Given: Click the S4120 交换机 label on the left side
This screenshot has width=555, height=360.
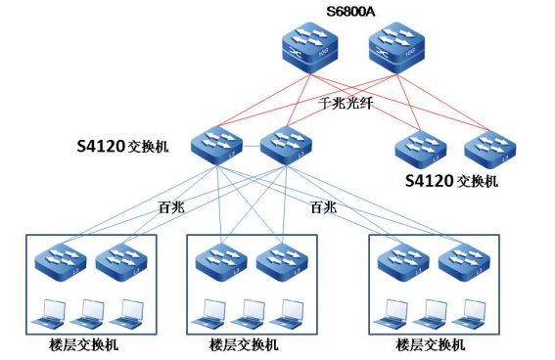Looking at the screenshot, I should (123, 147).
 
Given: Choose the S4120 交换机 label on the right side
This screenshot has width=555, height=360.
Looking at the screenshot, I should (451, 181).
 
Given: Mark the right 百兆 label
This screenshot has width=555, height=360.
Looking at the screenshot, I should (322, 207).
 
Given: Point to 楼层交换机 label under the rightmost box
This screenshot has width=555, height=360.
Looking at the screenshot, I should (431, 345).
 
